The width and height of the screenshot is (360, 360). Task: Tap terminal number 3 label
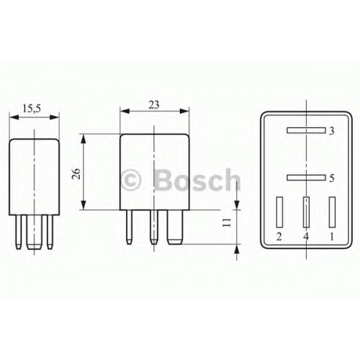pos(332,132)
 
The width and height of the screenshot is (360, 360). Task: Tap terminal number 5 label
pos(332,177)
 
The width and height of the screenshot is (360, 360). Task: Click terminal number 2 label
pos(279,236)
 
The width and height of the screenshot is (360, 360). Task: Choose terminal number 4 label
pos(306,236)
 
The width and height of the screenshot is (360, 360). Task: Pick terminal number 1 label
pos(332,236)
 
